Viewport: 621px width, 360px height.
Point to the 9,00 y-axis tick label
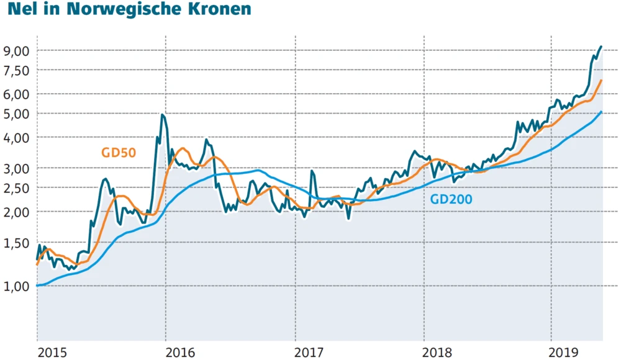coord(17,51)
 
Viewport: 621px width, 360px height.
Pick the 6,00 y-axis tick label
coord(17,94)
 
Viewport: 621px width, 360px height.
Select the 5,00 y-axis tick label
coord(17,114)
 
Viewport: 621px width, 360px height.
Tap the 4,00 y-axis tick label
coord(17,138)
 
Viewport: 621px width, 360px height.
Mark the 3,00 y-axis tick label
coord(17,168)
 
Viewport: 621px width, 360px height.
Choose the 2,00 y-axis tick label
coord(17,212)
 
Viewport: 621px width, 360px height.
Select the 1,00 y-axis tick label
coord(17,286)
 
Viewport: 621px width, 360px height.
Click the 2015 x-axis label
coord(53,353)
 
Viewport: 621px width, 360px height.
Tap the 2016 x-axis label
coord(182,353)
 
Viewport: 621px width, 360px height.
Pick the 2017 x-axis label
coord(310,353)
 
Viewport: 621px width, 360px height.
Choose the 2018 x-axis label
coord(439,353)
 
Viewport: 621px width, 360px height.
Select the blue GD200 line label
coord(451,199)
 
